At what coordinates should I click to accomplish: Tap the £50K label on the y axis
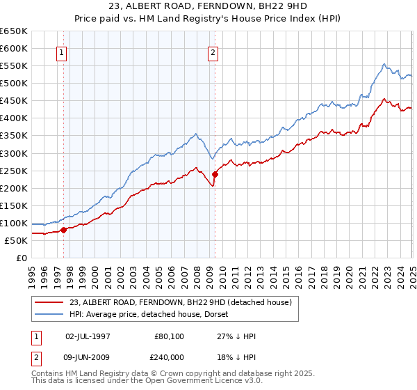[16, 240]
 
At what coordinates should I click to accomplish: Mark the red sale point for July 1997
[63, 230]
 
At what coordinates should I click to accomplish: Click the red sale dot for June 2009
[215, 174]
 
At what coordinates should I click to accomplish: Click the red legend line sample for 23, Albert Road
[49, 302]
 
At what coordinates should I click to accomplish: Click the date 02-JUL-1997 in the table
[88, 335]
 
